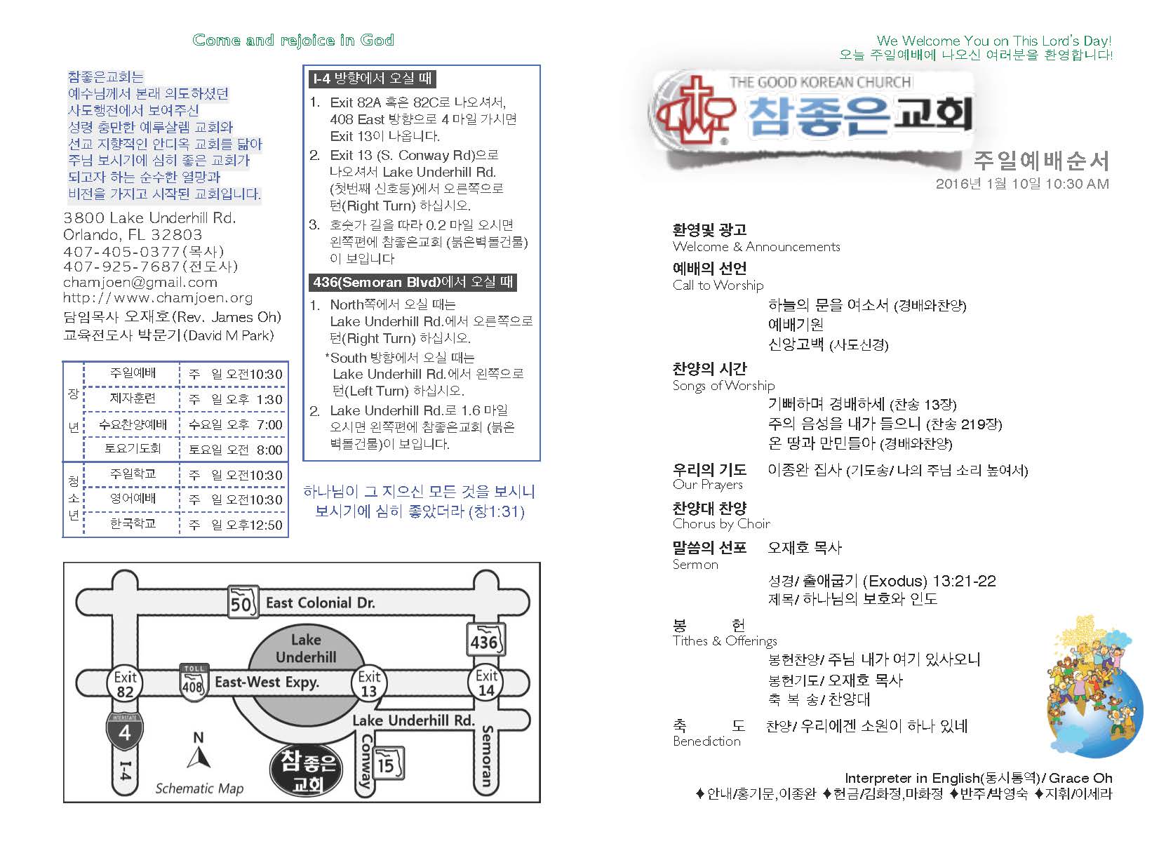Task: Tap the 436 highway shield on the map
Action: point(484,639)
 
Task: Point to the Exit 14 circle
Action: point(486,683)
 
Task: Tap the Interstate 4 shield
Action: point(124,732)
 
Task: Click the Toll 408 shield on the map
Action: point(193,680)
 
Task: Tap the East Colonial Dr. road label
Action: point(320,603)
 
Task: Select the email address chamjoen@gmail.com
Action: point(140,283)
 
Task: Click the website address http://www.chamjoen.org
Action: point(158,298)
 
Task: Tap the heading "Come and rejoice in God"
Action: point(293,40)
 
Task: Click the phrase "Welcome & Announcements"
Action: point(756,247)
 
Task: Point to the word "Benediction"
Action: point(706,741)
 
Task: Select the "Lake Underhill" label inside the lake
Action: point(306,648)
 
